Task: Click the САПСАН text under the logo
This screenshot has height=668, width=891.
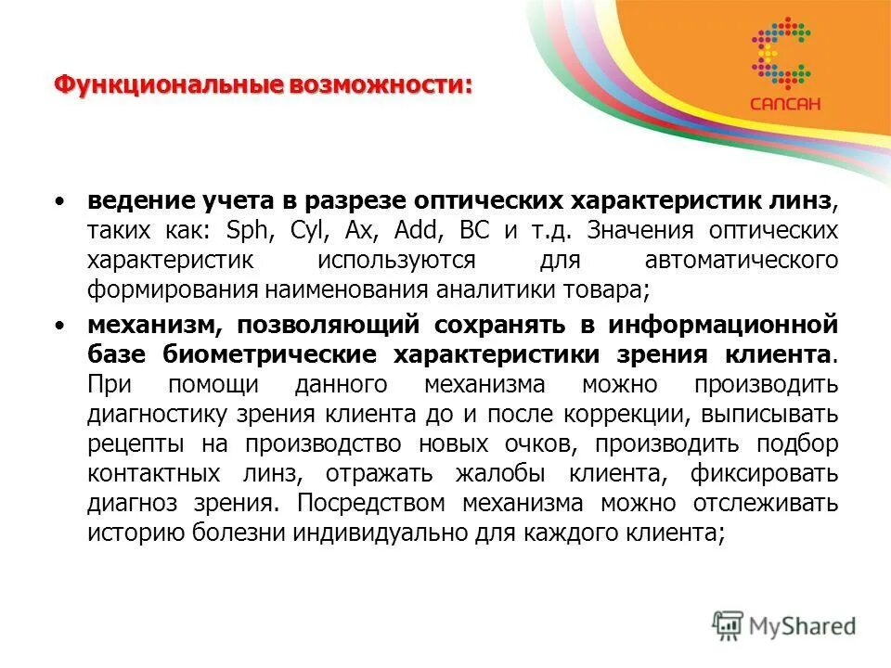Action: pyautogui.click(x=784, y=104)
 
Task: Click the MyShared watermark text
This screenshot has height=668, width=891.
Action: pyautogui.click(x=804, y=627)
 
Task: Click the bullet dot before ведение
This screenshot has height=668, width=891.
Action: pyautogui.click(x=60, y=201)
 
